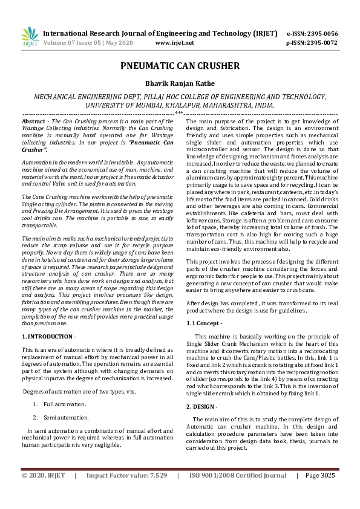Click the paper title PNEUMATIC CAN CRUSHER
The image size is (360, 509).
point(180,66)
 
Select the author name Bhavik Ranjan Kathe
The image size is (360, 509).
point(180,83)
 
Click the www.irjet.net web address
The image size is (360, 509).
point(174,43)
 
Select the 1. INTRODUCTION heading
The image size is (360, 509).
point(48,336)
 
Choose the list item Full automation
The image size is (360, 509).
point(64,386)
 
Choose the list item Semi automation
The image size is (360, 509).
point(65,400)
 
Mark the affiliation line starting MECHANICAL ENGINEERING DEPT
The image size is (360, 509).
point(180,97)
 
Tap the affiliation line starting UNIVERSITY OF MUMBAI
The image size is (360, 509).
point(180,105)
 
